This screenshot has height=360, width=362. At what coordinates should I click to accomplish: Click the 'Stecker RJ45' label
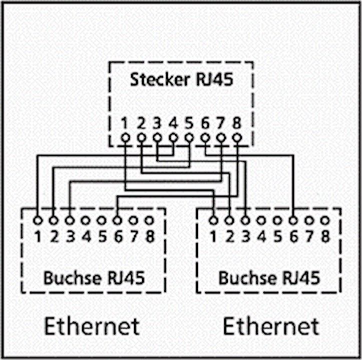coord(182,79)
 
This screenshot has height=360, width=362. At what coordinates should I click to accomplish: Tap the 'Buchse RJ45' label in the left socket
coord(94,278)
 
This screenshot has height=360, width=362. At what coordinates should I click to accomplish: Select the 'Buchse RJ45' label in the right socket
coord(269,278)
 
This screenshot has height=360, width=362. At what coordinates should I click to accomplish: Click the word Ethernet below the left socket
coord(92,326)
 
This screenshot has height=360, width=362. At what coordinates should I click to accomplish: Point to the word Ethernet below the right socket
coord(271,326)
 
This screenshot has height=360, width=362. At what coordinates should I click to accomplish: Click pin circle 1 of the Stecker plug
coord(125,138)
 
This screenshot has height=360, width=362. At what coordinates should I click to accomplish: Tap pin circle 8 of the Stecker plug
coord(237,138)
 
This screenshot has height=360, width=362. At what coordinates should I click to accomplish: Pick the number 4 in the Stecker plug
coord(173,123)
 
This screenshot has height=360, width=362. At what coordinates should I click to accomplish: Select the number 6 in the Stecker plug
coord(205,123)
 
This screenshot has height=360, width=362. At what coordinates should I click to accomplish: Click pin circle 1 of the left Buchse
coord(38,220)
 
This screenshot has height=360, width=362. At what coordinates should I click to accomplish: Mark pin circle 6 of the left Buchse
coord(117,220)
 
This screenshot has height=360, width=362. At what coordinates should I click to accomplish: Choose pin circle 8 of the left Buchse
coord(149,220)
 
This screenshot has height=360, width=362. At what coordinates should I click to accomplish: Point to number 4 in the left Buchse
coord(86,236)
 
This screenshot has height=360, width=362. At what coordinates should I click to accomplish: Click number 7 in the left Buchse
coord(134,236)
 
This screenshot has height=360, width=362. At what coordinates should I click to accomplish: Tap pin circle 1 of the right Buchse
coord(213,220)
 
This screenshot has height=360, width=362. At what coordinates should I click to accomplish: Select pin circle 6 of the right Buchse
coord(293,220)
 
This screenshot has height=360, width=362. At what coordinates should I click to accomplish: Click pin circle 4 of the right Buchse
coord(261,220)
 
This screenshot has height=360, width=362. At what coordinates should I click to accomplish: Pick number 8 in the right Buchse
coord(325,236)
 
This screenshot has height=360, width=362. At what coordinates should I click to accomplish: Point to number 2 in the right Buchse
coord(230,236)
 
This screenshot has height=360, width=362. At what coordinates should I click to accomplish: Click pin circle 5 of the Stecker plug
coord(189,138)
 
